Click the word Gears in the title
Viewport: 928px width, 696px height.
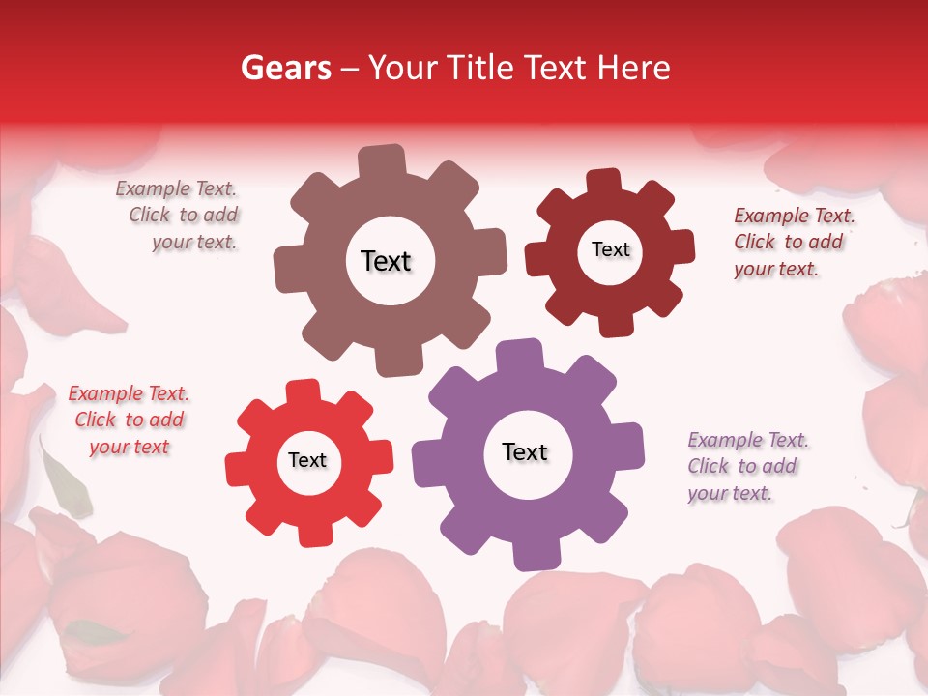point(284,67)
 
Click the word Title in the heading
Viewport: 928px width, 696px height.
point(478,67)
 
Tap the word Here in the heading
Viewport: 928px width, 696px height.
point(633,67)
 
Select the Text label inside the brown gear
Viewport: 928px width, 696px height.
point(386,261)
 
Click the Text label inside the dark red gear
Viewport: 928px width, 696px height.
point(610,249)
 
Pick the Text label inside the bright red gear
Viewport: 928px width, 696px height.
point(307,460)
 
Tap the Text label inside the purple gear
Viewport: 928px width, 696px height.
point(525,451)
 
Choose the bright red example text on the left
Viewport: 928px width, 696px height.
point(129,420)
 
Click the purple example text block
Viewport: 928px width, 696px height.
point(744,466)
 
